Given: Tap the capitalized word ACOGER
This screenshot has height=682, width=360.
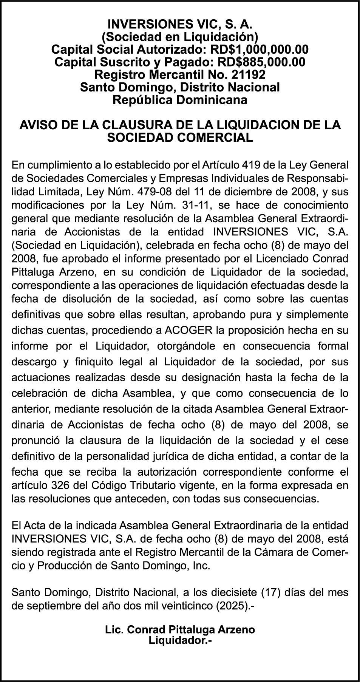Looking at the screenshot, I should [189, 330].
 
